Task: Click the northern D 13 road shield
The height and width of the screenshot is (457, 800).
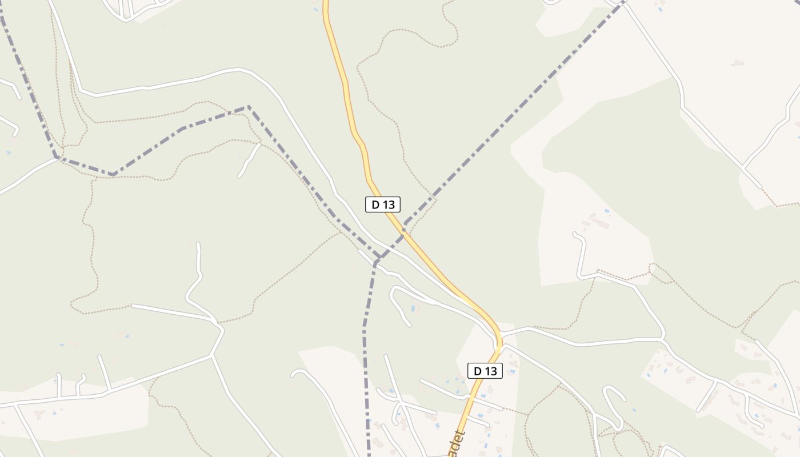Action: (383, 204)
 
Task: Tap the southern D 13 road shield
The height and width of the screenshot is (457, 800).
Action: (485, 371)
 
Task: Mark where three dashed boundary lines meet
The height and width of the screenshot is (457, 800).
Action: (377, 261)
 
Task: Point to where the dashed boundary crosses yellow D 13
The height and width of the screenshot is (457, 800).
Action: (403, 231)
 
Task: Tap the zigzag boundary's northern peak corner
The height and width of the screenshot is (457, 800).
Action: (248, 107)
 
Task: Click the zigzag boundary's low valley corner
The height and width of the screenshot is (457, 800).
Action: (113, 174)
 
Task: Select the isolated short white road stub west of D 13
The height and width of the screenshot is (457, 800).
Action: (249, 161)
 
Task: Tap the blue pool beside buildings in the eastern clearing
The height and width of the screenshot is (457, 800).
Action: (607, 211)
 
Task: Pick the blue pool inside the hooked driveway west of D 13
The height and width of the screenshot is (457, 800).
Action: (413, 308)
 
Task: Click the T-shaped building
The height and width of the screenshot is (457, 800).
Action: (738, 63)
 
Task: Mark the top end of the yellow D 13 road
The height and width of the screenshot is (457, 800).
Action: (326, 2)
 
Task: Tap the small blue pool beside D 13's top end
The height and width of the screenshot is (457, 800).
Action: (316, 9)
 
